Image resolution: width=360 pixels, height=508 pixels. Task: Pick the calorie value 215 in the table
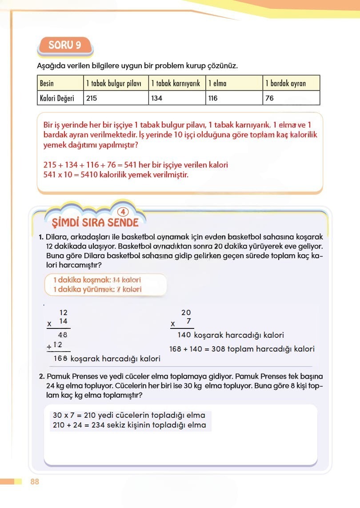click(x=92, y=98)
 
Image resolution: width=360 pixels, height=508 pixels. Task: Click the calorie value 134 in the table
click(x=157, y=98)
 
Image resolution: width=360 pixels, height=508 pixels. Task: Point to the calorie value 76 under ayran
click(x=269, y=98)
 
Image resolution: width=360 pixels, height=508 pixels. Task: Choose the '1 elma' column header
click(x=217, y=83)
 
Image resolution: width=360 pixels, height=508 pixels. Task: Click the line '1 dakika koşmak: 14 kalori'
click(x=96, y=280)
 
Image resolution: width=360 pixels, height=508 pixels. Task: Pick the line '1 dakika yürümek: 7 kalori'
click(x=97, y=289)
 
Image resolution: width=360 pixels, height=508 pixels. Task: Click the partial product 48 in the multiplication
click(x=63, y=335)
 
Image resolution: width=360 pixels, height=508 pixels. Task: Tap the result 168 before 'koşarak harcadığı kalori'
click(x=60, y=358)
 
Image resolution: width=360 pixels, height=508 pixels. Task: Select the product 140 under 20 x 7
click(x=184, y=335)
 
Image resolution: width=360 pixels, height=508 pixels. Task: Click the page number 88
click(x=35, y=482)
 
